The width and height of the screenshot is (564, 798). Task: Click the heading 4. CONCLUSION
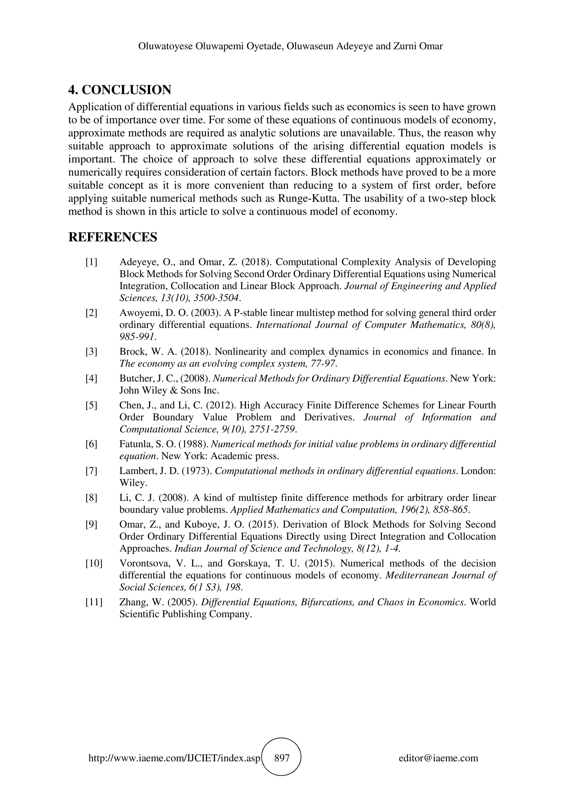pyautogui.click(x=120, y=90)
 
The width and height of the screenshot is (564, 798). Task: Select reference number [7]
pyautogui.click(x=91, y=471)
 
